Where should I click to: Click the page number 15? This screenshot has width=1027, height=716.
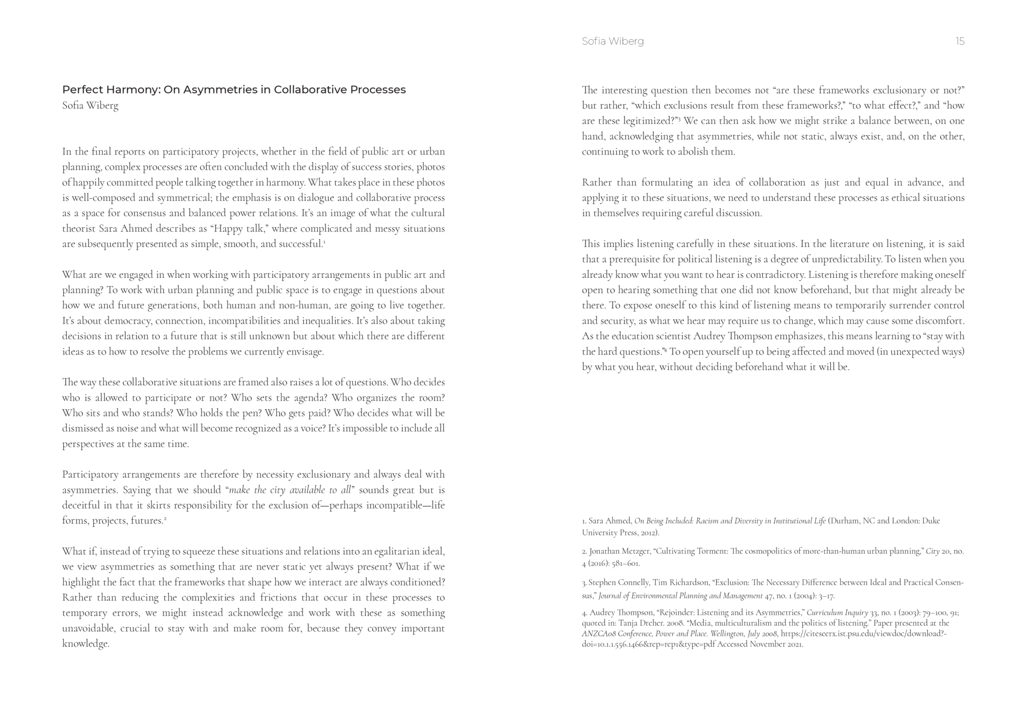(960, 42)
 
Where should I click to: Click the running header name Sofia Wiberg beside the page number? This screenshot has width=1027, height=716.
(613, 42)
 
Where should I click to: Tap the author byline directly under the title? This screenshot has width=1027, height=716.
(90, 106)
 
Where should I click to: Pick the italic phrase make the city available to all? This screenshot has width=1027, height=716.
(290, 490)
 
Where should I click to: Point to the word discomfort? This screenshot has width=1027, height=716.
(940, 321)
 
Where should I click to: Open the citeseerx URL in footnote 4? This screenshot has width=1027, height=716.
(863, 634)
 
